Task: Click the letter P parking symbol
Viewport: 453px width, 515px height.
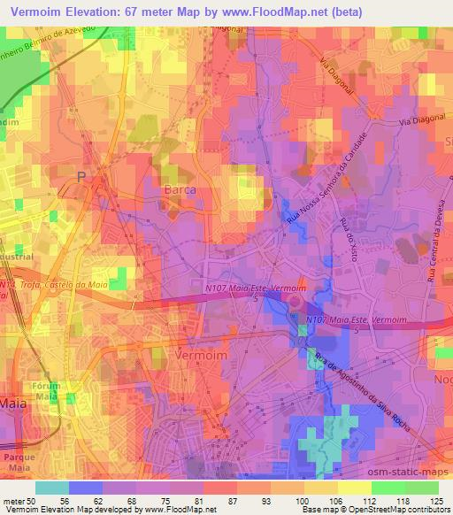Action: pos(81,178)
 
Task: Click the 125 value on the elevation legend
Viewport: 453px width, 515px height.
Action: pos(435,500)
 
